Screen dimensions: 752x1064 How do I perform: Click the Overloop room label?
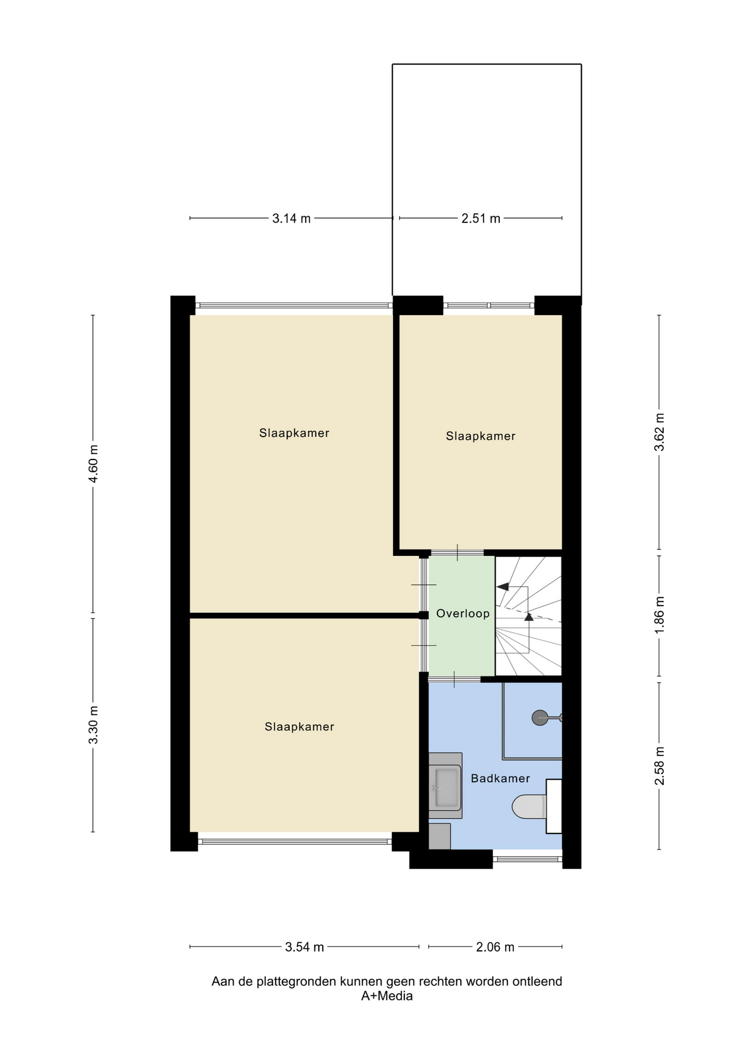[x=462, y=613]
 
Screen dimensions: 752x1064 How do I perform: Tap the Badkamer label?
[x=500, y=778]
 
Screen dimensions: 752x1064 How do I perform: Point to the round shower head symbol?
[x=539, y=718]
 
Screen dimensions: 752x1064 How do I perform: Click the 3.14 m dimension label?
[x=291, y=218]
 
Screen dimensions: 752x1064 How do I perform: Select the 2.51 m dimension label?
[x=481, y=218]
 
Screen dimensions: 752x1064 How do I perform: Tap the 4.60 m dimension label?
[x=94, y=464]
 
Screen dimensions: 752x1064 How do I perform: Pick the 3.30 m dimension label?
[x=94, y=725]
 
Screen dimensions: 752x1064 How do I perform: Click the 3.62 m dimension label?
[x=660, y=432]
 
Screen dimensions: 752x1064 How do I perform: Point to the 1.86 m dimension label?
[x=660, y=616]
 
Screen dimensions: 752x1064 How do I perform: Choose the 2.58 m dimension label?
[x=660, y=766]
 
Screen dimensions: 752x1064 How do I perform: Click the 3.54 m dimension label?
[x=305, y=947]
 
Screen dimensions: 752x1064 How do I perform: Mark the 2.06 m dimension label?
[x=496, y=947]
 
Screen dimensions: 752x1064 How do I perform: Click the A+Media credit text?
[x=387, y=996]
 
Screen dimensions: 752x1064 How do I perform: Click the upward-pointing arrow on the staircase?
[x=529, y=616]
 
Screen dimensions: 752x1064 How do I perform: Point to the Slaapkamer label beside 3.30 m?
[x=299, y=727]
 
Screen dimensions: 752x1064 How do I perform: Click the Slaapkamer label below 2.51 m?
[x=481, y=436]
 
